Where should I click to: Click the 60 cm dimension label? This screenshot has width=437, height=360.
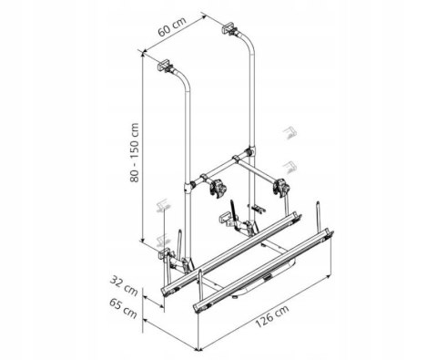coord(172,27)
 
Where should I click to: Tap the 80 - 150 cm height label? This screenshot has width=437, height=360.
coord(134,152)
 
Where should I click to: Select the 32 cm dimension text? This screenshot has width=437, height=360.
coord(124,285)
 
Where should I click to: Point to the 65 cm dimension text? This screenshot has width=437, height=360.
coord(123,308)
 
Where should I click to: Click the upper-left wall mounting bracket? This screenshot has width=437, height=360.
coord(165,66)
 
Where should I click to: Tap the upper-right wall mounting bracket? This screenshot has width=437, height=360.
coord(229,27)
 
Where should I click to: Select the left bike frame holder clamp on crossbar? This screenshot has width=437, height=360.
coord(218,189)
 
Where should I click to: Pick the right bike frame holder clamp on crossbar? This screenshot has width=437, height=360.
coord(280,187)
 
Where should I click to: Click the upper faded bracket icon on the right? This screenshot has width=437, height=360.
coord(290,132)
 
